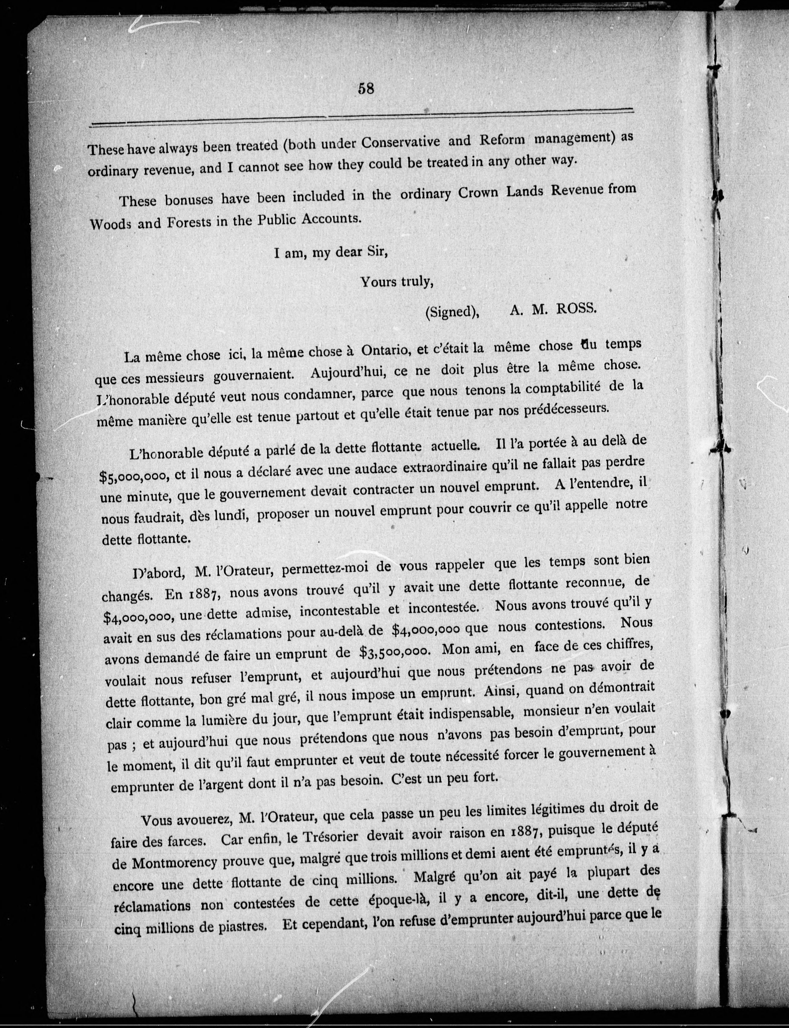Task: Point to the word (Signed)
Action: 452,312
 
